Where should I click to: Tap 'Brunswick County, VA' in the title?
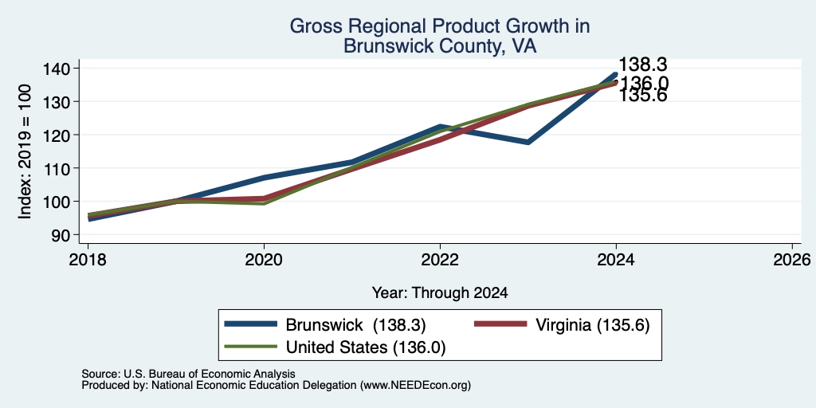click(440, 46)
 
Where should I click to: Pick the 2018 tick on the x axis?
click(88, 259)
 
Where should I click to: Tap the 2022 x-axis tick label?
click(440, 259)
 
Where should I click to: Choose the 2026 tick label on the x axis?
click(792, 259)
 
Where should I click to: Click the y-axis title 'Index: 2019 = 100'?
click(25, 151)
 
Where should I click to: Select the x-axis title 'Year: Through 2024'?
click(440, 293)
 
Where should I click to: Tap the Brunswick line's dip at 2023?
click(528, 142)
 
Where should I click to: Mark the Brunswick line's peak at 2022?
click(440, 127)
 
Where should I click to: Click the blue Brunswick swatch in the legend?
click(250, 324)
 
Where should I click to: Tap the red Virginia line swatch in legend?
click(500, 324)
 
